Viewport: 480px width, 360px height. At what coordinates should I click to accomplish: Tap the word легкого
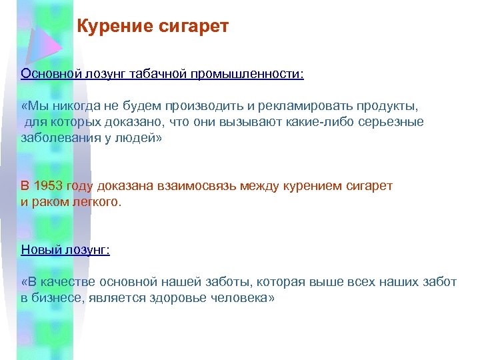pyautogui.click(x=99, y=201)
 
